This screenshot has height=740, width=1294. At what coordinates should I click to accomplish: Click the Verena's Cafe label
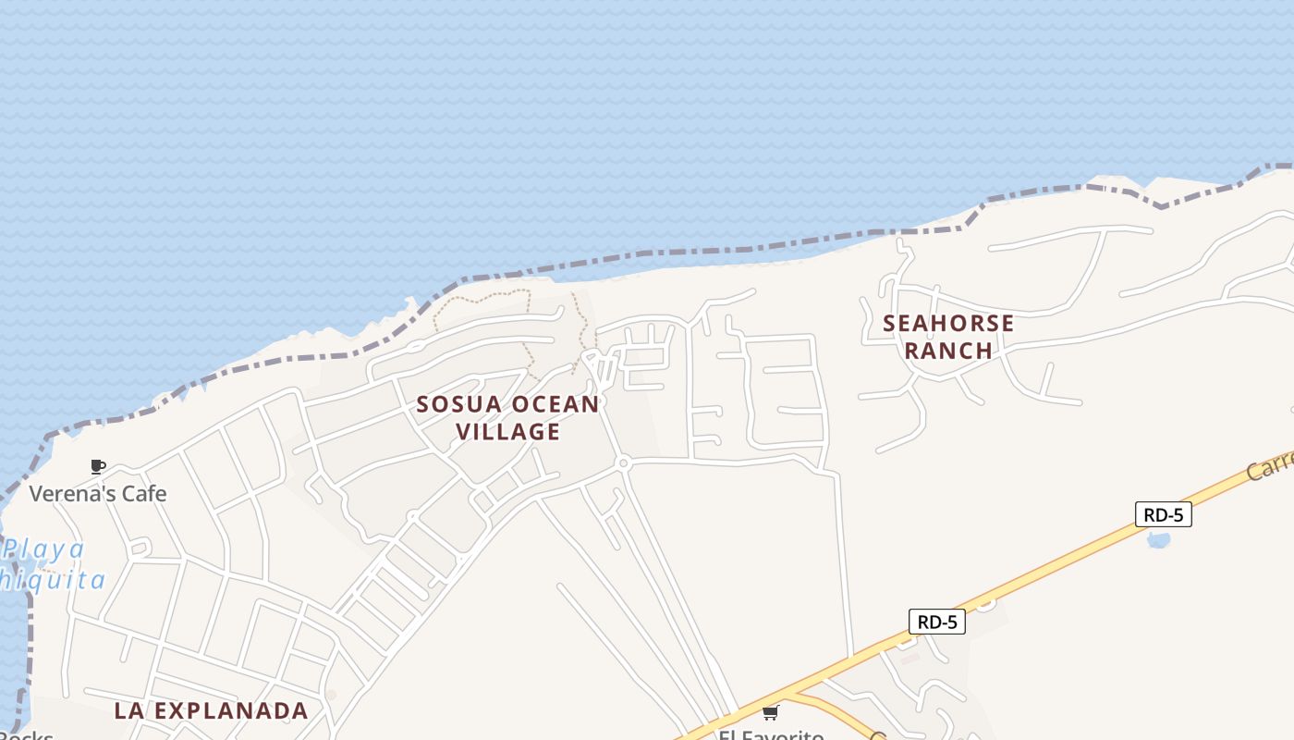coord(98,493)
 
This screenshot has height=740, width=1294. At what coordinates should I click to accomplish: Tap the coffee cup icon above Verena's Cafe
coord(98,466)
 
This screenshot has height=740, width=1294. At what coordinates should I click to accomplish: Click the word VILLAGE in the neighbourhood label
coord(508,432)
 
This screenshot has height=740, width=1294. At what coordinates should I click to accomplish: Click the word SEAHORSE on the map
coord(948,324)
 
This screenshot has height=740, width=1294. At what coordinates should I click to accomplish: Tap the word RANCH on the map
coord(948,351)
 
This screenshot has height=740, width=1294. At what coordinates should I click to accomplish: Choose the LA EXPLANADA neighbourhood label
coord(211,710)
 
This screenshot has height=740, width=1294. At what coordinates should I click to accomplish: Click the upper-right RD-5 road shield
coord(1163,514)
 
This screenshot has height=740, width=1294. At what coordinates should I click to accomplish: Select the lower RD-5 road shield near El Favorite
coord(937,622)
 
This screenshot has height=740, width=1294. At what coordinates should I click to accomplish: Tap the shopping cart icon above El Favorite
coord(771,712)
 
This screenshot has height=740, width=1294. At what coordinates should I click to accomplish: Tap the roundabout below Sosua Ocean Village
coord(623,462)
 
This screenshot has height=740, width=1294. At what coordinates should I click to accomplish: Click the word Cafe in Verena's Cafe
coord(145,493)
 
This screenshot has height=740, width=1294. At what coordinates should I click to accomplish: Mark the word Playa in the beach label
coord(44,550)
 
